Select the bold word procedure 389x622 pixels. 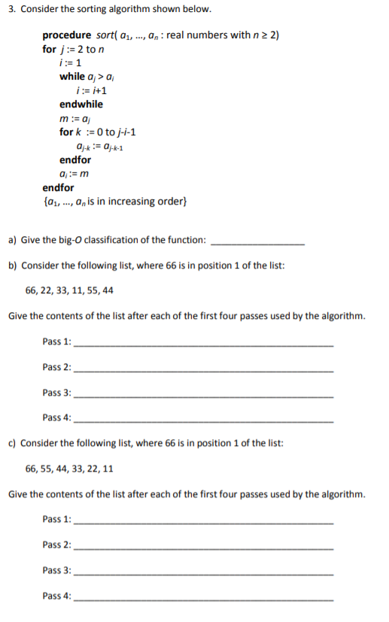68,35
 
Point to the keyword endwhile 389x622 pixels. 81,104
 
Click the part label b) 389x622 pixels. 13,265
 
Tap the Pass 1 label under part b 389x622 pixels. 57,341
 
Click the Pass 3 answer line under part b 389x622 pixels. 203,396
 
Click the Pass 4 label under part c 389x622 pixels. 57,596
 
